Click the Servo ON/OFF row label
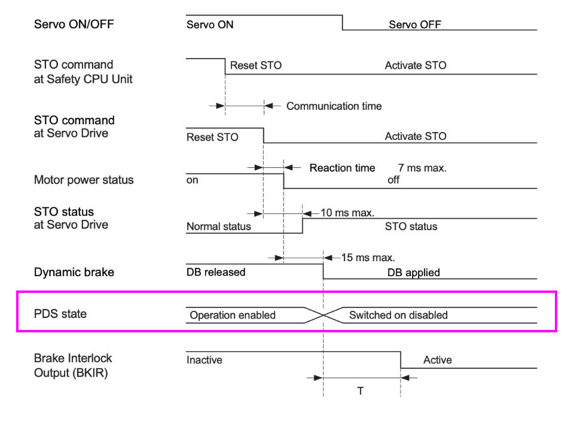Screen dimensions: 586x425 click(x=74, y=25)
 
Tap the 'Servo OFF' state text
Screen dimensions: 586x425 click(x=415, y=25)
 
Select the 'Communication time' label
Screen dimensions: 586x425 click(x=334, y=106)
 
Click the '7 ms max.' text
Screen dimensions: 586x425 click(x=422, y=168)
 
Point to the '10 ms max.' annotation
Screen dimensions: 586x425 click(x=347, y=213)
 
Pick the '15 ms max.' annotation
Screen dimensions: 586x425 click(x=368, y=258)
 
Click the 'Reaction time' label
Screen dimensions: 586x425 click(x=342, y=168)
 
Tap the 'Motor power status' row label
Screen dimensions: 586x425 click(x=84, y=180)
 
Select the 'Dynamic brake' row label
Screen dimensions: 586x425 click(x=74, y=272)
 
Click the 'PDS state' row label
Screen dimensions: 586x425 click(x=60, y=314)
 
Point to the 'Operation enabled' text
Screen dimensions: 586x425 click(x=233, y=315)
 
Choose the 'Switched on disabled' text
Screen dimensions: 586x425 click(x=398, y=315)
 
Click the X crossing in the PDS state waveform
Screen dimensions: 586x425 click(x=323, y=316)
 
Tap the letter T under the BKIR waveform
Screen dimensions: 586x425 click(x=360, y=391)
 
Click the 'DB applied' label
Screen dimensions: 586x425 click(x=413, y=273)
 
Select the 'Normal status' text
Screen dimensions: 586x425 click(x=219, y=227)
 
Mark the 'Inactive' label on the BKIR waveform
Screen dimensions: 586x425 click(x=205, y=360)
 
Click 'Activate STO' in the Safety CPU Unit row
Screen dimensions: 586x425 click(x=416, y=65)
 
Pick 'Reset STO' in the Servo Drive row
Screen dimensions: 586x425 click(x=212, y=137)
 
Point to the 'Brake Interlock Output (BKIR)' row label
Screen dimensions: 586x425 click(x=73, y=366)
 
